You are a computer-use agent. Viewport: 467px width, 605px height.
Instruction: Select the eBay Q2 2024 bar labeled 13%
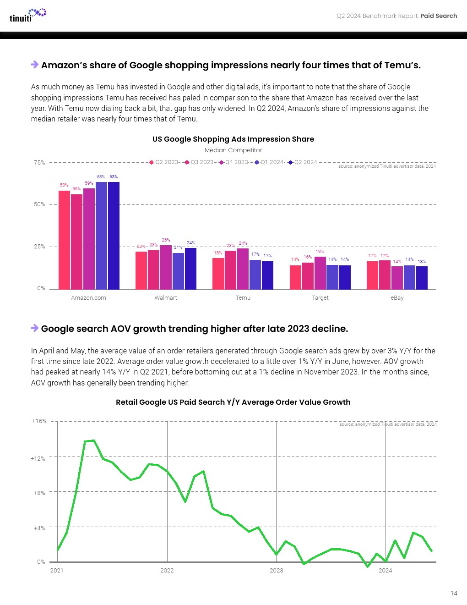422,278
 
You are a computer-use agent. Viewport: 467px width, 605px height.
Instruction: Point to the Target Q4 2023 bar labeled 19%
320,273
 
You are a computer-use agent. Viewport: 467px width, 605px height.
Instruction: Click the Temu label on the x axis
243,298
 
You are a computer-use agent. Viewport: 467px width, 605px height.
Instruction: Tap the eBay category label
397,298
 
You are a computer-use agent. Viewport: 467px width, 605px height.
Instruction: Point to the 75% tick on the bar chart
39,163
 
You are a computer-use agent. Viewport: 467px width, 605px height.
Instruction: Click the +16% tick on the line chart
39,421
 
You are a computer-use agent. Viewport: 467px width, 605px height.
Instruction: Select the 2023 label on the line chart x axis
276,571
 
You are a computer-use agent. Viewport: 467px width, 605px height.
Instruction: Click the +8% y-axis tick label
39,493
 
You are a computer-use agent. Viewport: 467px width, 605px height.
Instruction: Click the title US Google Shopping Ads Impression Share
233,139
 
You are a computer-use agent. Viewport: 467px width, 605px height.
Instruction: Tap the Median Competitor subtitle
233,150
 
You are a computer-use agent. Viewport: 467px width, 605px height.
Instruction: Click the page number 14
454,594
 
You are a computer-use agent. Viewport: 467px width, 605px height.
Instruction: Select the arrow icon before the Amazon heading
35,65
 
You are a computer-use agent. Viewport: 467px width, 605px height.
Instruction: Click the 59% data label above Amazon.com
89,183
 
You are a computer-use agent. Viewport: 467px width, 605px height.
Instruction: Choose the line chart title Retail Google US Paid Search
233,402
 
